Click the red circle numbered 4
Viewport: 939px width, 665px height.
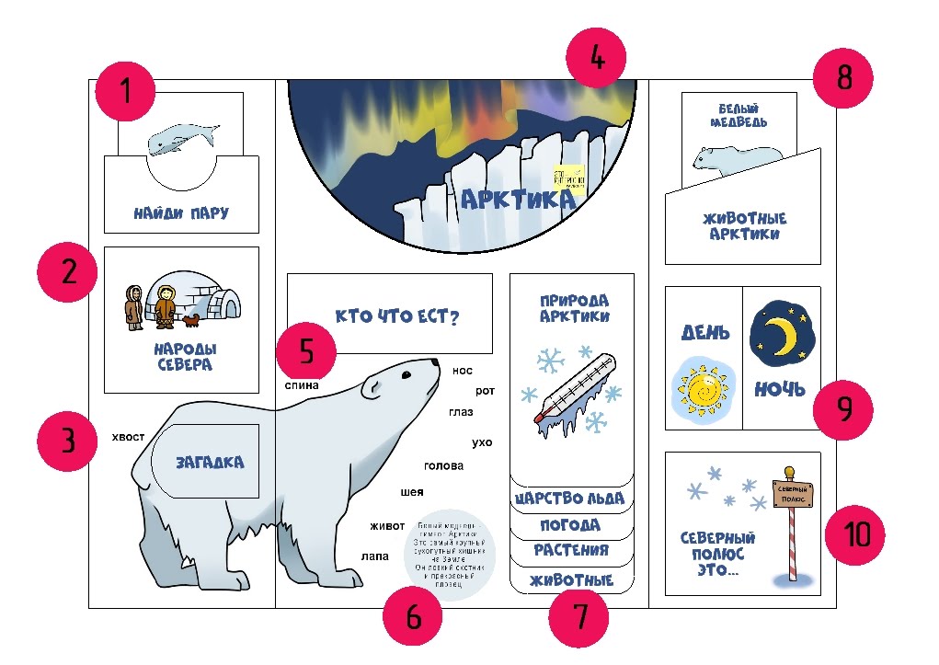click(x=597, y=59)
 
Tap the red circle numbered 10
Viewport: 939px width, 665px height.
click(x=855, y=535)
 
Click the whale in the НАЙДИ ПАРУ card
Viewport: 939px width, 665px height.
click(x=183, y=139)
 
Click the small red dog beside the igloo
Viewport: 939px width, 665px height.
click(x=191, y=320)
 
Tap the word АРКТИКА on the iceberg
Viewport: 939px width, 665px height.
click(x=517, y=199)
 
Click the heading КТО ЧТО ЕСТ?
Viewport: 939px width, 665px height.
click(x=397, y=317)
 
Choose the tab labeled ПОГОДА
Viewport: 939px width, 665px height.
click(x=571, y=525)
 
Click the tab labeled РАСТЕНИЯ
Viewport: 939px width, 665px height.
click(x=571, y=550)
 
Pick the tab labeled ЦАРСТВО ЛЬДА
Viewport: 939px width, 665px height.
click(x=571, y=499)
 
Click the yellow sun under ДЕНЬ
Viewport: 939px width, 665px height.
click(x=704, y=390)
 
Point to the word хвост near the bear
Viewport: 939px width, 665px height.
click(x=128, y=437)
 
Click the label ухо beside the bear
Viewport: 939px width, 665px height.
click(x=482, y=442)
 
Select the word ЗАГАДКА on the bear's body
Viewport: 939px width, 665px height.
click(x=211, y=462)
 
